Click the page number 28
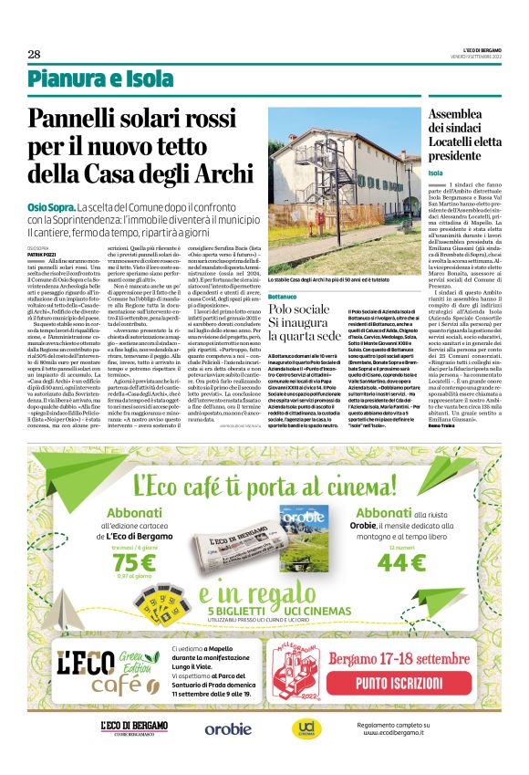point(34,55)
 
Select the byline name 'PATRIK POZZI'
point(42,254)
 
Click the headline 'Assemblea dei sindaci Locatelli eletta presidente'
point(463,135)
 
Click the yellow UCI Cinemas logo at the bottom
point(304,728)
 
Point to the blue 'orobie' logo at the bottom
point(227,728)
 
